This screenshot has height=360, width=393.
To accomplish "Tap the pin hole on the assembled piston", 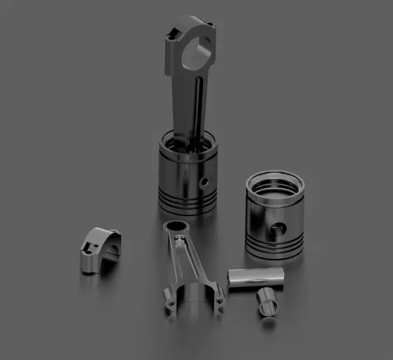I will point(204,181).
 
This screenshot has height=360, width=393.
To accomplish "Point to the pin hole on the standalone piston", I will point(278,227).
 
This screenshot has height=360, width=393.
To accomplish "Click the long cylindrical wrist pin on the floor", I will point(255,278).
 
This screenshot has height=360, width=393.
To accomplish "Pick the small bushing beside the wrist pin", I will point(267,302).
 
